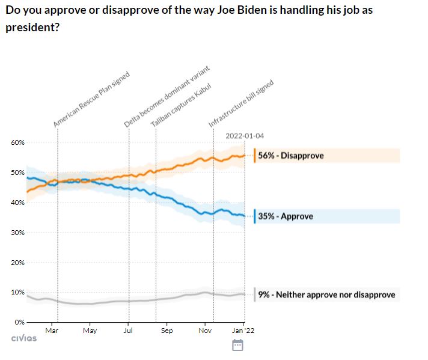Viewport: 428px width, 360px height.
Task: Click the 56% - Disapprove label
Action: click(x=291, y=156)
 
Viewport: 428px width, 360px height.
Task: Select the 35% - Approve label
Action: click(x=286, y=216)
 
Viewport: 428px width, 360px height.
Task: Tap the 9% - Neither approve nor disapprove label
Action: click(x=326, y=295)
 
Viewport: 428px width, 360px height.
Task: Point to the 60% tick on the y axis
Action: click(x=17, y=142)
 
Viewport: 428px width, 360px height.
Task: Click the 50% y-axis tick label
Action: click(x=17, y=172)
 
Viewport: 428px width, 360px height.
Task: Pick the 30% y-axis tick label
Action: click(x=17, y=233)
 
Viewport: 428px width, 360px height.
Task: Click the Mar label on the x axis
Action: click(x=52, y=331)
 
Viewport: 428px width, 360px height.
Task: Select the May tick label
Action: click(x=90, y=331)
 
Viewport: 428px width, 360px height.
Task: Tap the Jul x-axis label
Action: click(x=127, y=331)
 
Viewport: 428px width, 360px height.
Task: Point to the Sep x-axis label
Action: click(x=167, y=331)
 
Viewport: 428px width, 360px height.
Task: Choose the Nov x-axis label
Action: click(x=205, y=331)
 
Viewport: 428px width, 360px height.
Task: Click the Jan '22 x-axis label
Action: click(x=243, y=331)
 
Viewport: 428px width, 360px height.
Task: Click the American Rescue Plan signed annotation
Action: click(x=91, y=99)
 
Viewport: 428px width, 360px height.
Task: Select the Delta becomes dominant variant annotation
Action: click(x=167, y=96)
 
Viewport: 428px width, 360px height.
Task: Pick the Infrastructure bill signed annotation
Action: click(x=241, y=103)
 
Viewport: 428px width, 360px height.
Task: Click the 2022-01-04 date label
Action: click(x=245, y=135)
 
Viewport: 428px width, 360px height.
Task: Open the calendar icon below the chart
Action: click(x=237, y=345)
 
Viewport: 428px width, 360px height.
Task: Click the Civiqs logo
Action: click(x=24, y=338)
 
